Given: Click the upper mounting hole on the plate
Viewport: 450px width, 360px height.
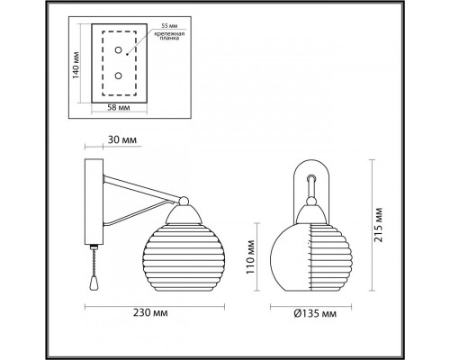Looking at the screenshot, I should tap(116, 54).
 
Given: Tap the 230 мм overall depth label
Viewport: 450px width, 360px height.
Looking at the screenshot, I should tap(149, 311).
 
